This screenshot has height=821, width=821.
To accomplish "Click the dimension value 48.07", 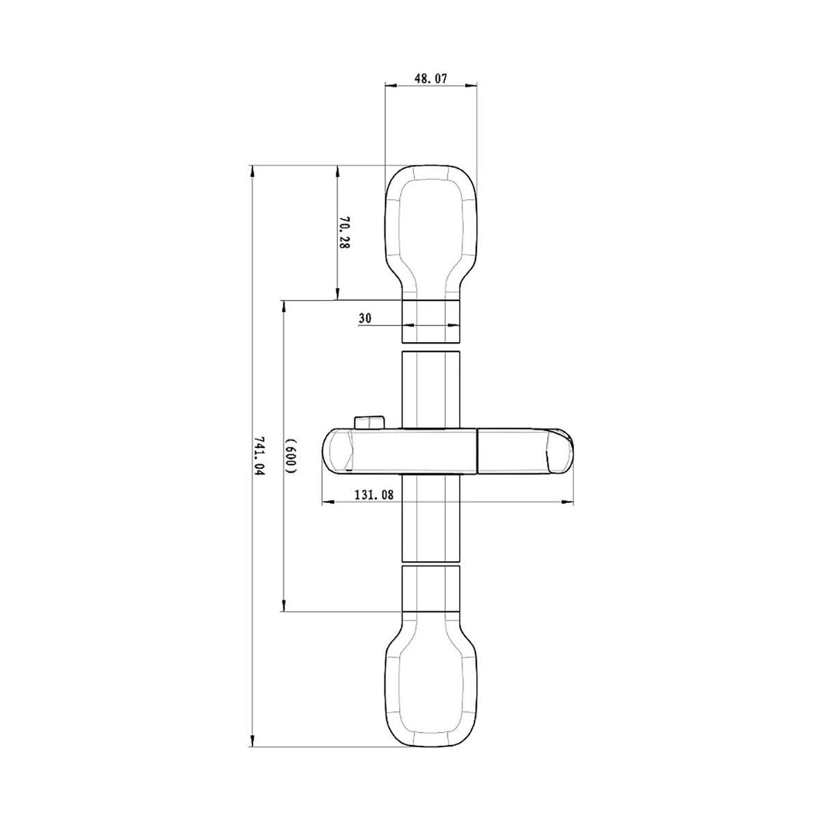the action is (x=431, y=78).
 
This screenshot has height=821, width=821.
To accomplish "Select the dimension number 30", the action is (x=365, y=318).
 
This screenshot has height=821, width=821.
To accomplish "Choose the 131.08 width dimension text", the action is (x=374, y=495).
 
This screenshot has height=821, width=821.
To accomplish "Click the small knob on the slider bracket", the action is (x=369, y=423).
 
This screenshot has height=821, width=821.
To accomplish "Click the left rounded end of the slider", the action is (x=337, y=451).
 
